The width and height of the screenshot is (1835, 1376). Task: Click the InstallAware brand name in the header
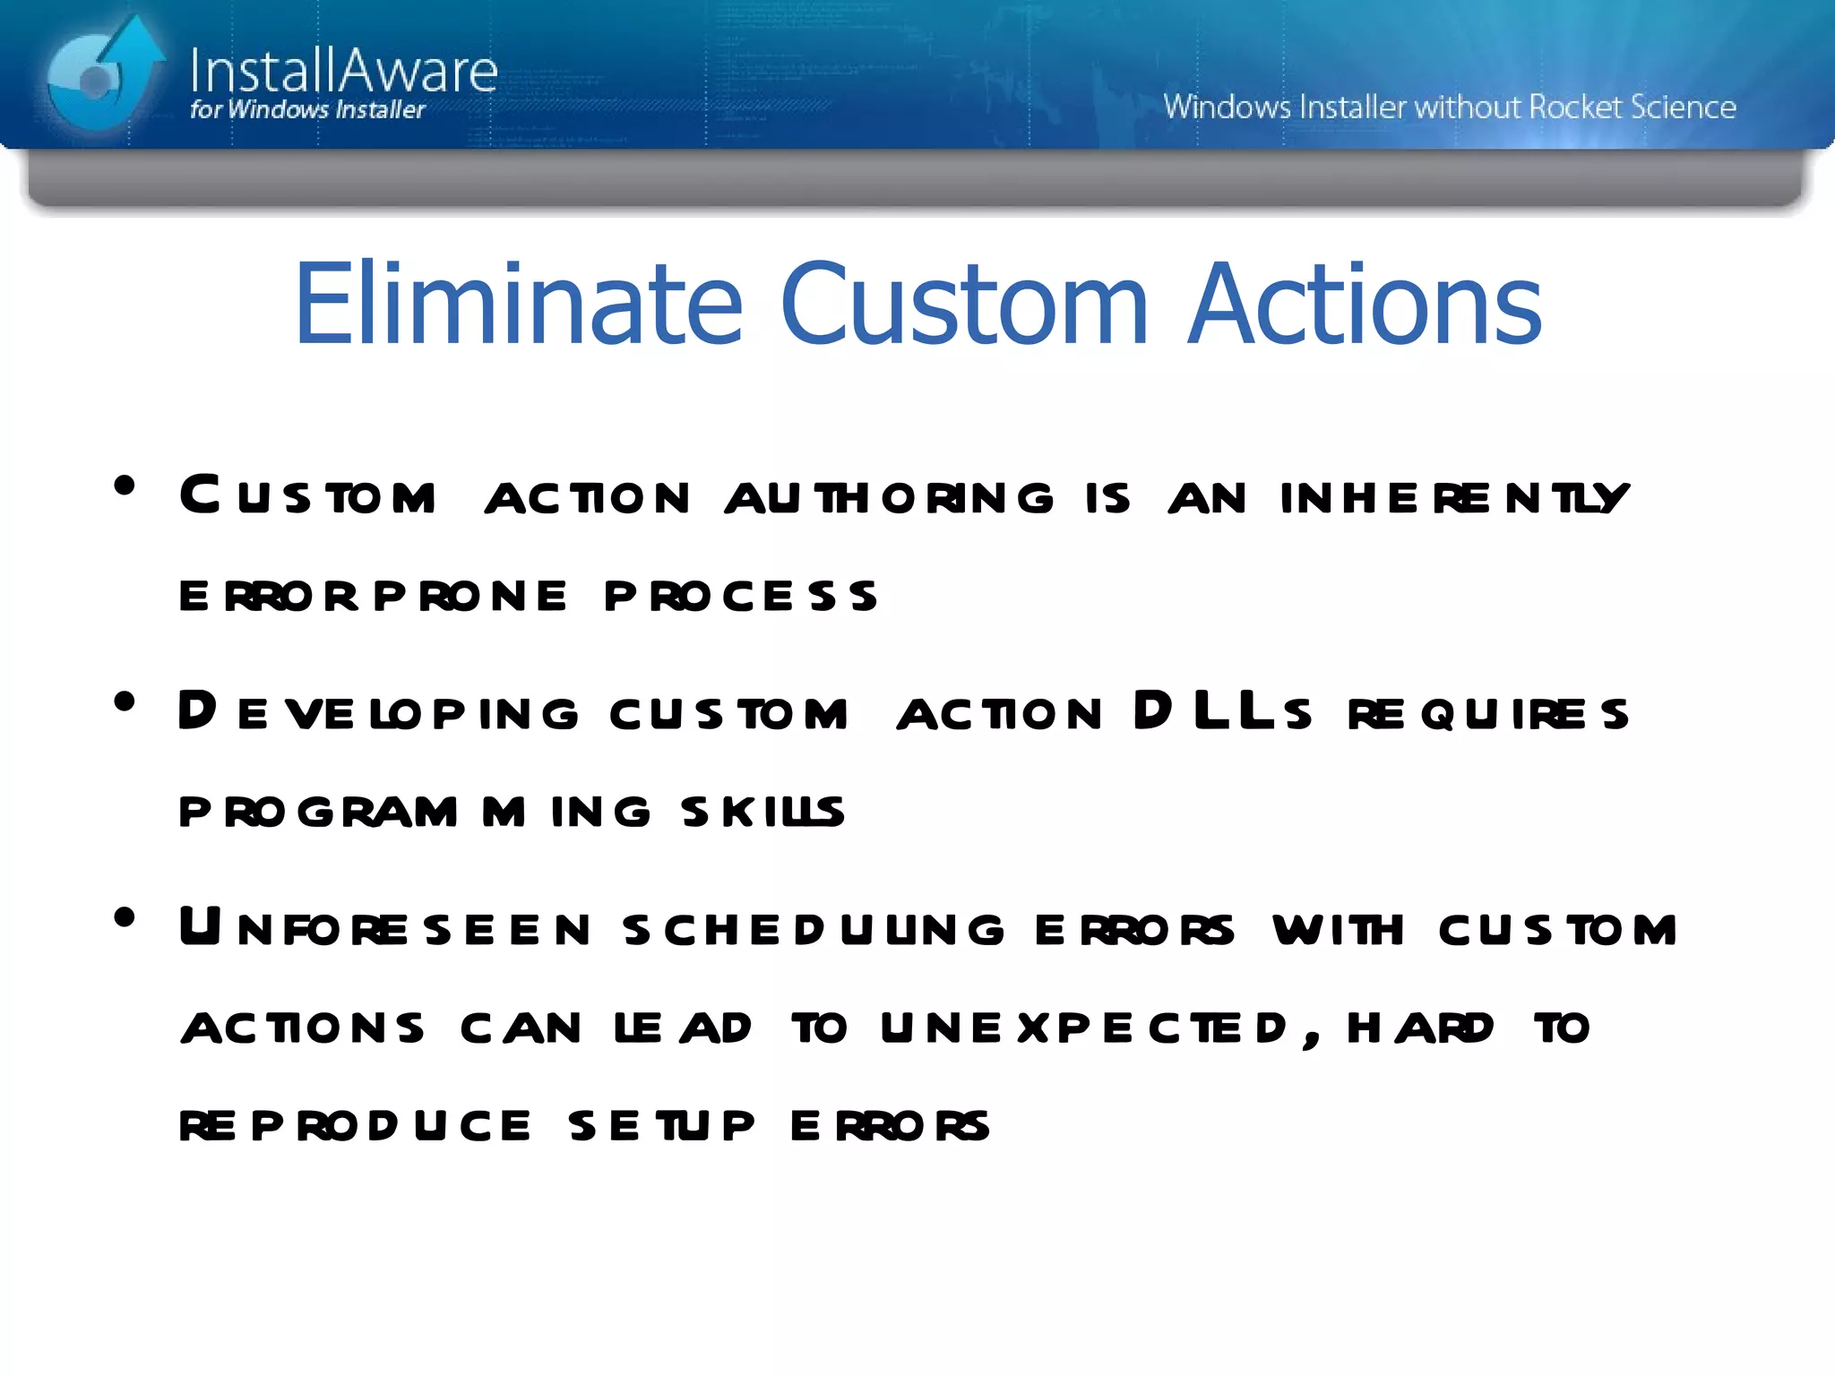tap(343, 71)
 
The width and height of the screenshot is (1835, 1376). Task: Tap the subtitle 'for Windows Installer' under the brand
tap(307, 110)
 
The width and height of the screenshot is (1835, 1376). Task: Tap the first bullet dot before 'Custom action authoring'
tap(125, 486)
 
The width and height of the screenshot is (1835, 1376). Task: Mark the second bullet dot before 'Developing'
tap(125, 702)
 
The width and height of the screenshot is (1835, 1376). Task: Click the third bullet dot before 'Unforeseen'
tap(125, 918)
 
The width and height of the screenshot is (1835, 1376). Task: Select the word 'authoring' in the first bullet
tap(889, 498)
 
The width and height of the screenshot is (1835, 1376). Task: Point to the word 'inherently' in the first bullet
tap(1453, 498)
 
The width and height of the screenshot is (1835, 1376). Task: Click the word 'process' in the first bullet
tap(740, 597)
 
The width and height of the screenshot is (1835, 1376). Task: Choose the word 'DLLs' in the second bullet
tap(1222, 712)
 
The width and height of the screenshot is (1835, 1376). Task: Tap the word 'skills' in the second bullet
tap(762, 812)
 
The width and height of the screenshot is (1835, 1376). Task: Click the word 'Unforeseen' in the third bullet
tap(384, 928)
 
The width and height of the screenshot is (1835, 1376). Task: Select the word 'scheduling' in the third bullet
tap(814, 930)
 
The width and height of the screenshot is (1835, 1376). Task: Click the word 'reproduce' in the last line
tap(355, 1126)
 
